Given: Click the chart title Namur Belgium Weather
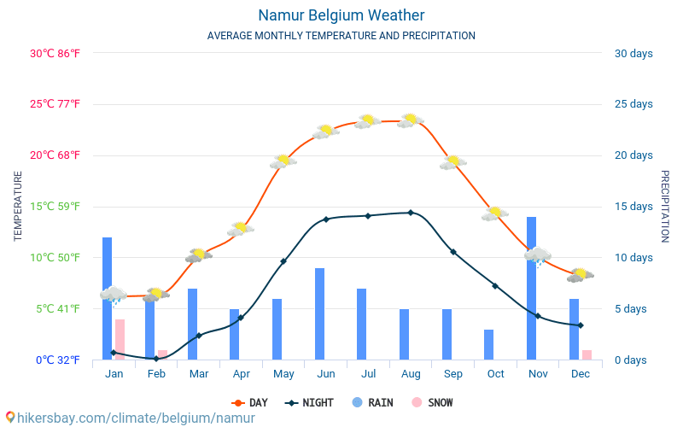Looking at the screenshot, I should click(341, 15).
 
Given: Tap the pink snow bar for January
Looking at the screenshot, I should click(120, 339).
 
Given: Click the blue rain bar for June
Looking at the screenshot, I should click(319, 313).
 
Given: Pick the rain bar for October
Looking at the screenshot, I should click(488, 344).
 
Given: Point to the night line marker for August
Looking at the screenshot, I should click(411, 213).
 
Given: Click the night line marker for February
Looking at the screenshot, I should click(156, 359).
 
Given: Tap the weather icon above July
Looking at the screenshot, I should click(368, 121).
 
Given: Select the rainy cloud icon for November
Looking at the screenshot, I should click(537, 255).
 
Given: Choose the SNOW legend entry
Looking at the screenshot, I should click(432, 402).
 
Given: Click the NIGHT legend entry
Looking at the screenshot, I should click(311, 402).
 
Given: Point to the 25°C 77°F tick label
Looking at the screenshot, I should click(55, 104).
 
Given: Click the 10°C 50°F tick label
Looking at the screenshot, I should click(55, 257).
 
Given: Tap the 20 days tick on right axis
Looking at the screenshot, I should click(633, 155).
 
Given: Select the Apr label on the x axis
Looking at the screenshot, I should click(241, 374).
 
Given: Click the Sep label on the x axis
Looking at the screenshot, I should click(453, 374).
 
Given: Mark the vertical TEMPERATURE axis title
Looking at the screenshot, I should click(18, 206).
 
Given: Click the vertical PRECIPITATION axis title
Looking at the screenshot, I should click(665, 206).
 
